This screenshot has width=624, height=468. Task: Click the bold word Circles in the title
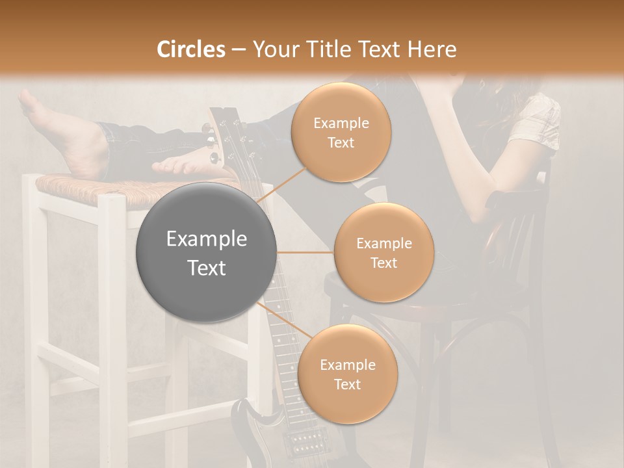point(191,49)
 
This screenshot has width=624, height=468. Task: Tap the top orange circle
point(341,133)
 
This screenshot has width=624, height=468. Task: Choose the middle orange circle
point(383,252)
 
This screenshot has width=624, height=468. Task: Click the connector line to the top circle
point(283,184)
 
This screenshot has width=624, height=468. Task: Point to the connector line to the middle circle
point(305,252)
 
